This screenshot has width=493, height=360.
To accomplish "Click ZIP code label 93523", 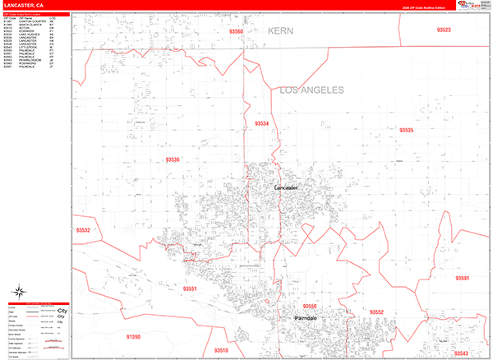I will point(444,30).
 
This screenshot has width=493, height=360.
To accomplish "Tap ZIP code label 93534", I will point(262,123).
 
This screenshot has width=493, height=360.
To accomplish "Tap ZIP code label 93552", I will point(376,312).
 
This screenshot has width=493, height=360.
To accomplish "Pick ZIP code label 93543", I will point(461,353).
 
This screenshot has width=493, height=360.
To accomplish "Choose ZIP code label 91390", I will point(133,337).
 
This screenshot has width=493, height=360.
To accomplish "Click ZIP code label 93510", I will point(220,351).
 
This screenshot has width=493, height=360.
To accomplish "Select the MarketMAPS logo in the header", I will point(476,6).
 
